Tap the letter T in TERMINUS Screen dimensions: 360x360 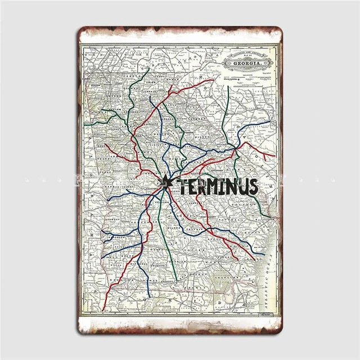tap(182, 186)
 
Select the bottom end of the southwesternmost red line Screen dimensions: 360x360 tap(105, 296)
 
